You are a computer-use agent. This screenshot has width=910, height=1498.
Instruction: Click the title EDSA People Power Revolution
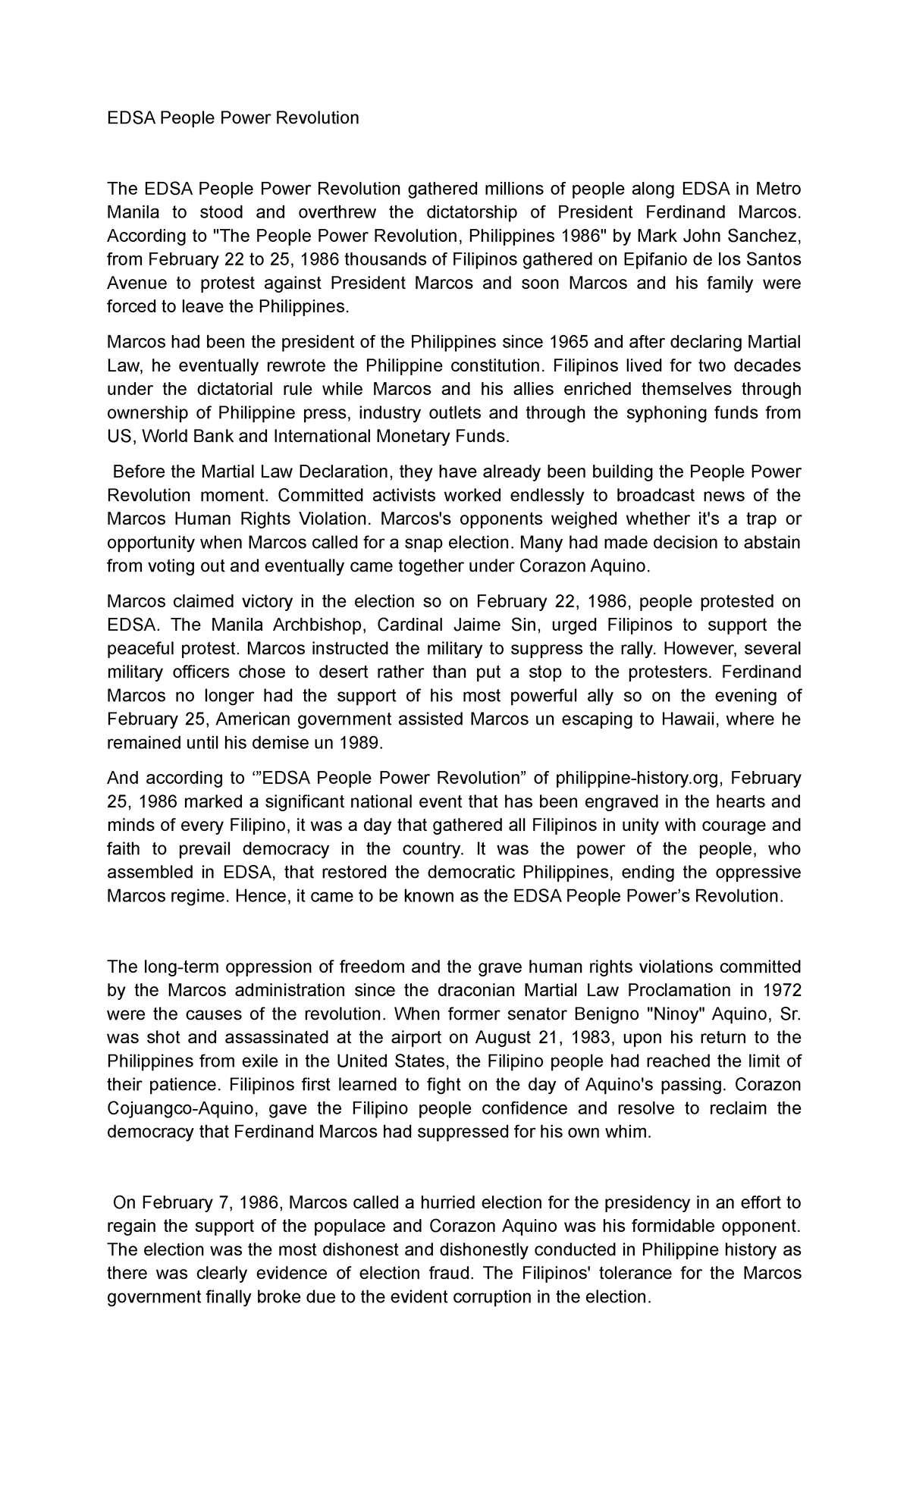(233, 118)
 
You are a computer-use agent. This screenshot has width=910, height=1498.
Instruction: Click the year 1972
(782, 990)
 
